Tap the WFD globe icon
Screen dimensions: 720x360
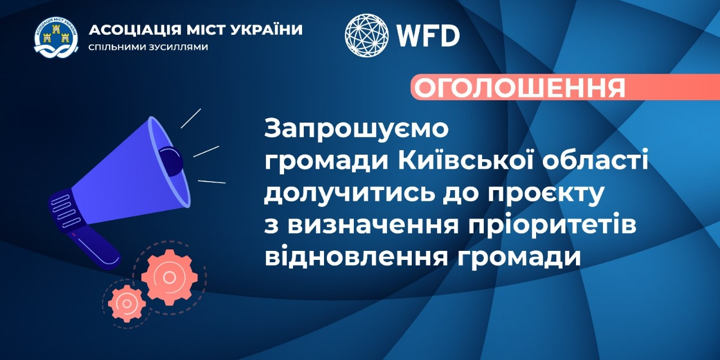click(366, 35)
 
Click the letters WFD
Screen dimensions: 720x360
click(429, 35)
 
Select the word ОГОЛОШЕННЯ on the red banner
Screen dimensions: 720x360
click(519, 87)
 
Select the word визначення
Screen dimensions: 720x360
click(372, 226)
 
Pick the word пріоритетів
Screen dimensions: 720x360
click(552, 227)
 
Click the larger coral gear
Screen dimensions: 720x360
click(169, 277)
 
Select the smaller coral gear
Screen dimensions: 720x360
click(127, 303)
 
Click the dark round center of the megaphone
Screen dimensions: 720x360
click(172, 161)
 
